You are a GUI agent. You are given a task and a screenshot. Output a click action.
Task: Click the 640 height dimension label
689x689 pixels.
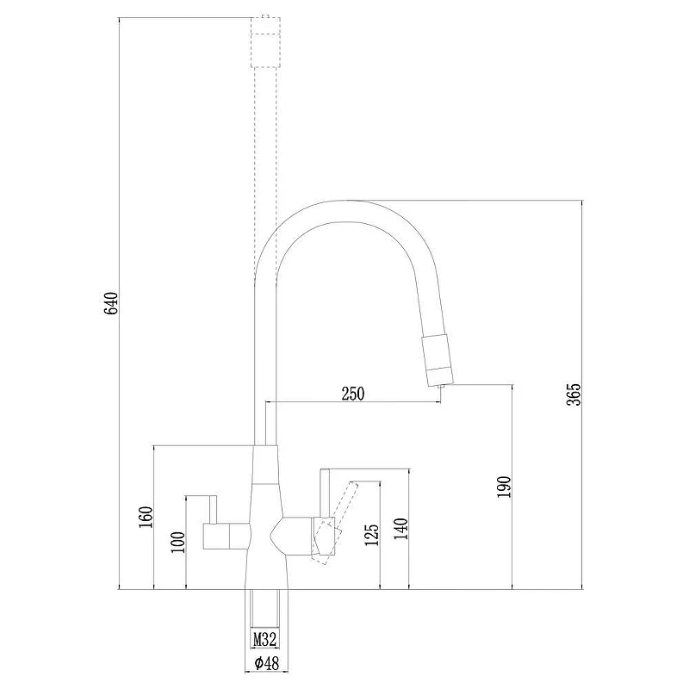pos(112,303)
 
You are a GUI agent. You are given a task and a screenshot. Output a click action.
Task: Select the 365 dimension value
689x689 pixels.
pos(574,394)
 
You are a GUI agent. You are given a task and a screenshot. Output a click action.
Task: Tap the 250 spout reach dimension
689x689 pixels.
pos(353,394)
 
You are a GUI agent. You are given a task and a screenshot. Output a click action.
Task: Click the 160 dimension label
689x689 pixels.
pos(146,518)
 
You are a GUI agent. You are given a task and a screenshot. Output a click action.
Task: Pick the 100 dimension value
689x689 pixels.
pos(178,542)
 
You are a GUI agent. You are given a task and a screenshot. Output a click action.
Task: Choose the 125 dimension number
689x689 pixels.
pos(371,535)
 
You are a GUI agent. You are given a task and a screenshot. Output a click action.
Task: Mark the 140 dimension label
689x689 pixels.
pos(400,529)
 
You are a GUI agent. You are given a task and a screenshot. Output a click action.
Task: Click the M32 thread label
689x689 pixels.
pos(265,639)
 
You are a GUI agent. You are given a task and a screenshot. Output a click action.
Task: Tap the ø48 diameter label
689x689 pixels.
pos(266,662)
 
